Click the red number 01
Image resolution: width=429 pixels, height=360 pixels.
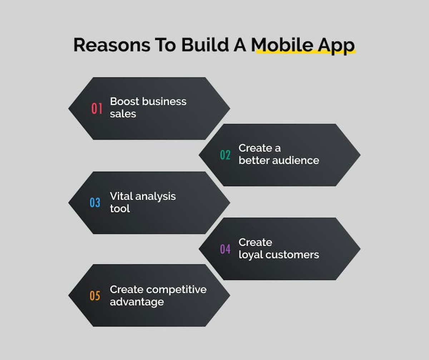click(x=97, y=108)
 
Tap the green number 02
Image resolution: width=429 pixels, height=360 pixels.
click(x=225, y=155)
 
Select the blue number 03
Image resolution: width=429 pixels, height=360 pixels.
click(x=95, y=202)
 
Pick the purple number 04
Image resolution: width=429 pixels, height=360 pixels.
click(x=225, y=249)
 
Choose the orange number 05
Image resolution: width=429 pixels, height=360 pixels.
click(x=95, y=296)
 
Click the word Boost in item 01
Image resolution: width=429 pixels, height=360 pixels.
click(x=125, y=101)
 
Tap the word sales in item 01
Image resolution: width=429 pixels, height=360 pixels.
click(x=123, y=114)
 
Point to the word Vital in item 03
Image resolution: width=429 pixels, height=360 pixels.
click(x=122, y=196)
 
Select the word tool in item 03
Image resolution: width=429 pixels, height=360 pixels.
click(x=120, y=209)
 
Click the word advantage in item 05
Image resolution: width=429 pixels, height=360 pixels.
click(x=137, y=302)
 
